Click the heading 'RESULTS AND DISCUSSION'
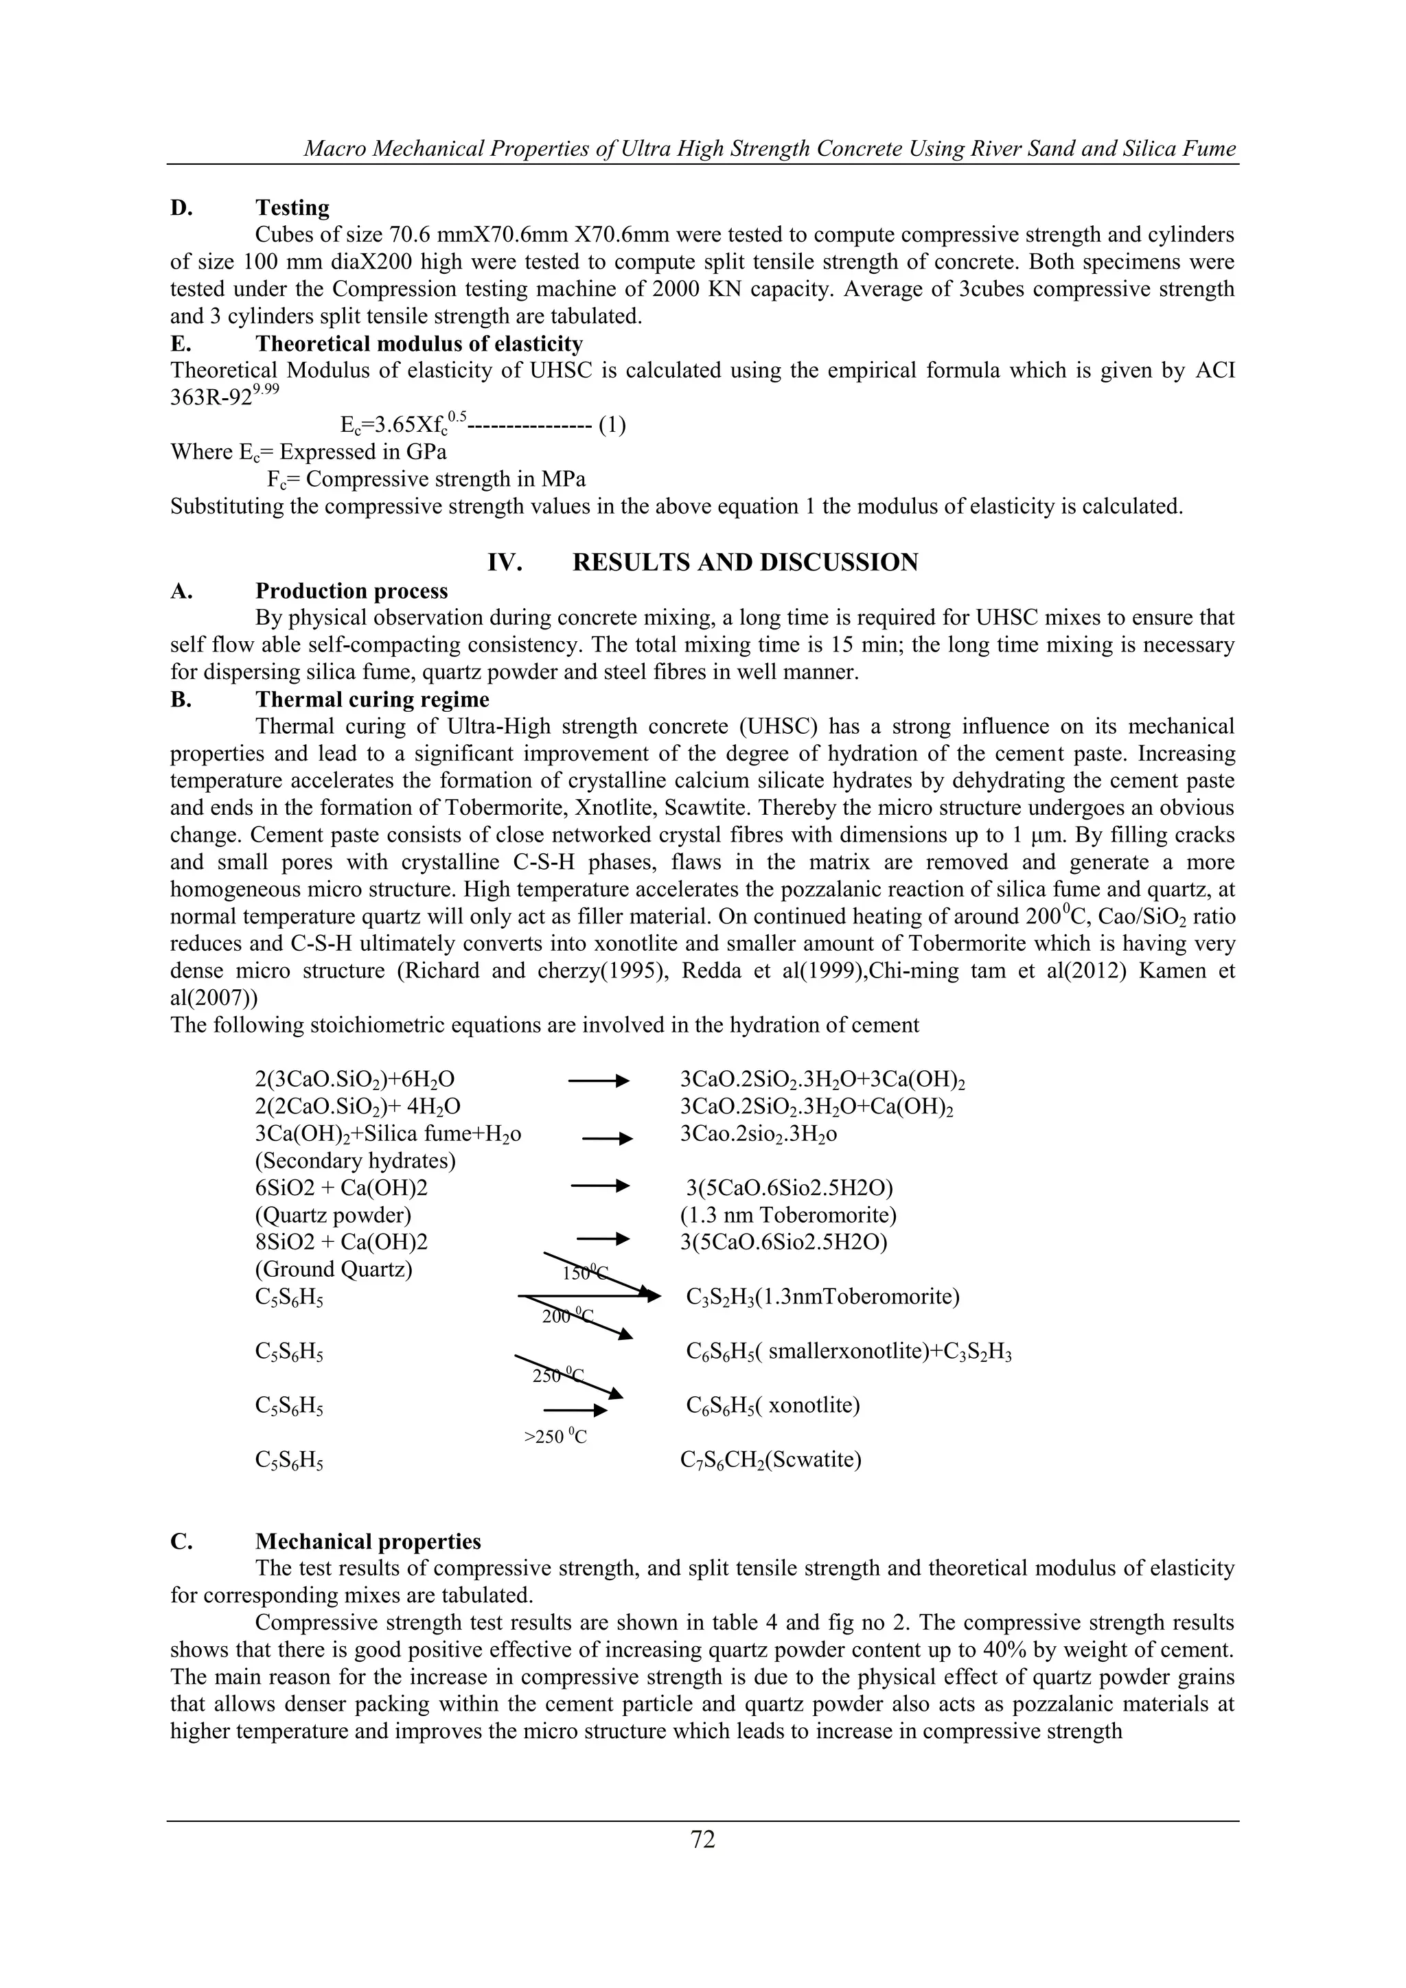(x=745, y=563)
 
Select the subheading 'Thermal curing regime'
(x=371, y=700)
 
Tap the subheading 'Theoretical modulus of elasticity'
(x=418, y=344)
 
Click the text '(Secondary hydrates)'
(x=355, y=1160)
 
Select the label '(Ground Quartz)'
(x=334, y=1269)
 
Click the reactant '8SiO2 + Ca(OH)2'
(x=341, y=1242)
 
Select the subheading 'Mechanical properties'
(x=368, y=1542)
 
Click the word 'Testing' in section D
(x=292, y=208)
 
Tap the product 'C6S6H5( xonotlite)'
(x=772, y=1405)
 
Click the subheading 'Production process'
(x=351, y=591)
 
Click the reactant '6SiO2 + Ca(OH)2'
(x=341, y=1188)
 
